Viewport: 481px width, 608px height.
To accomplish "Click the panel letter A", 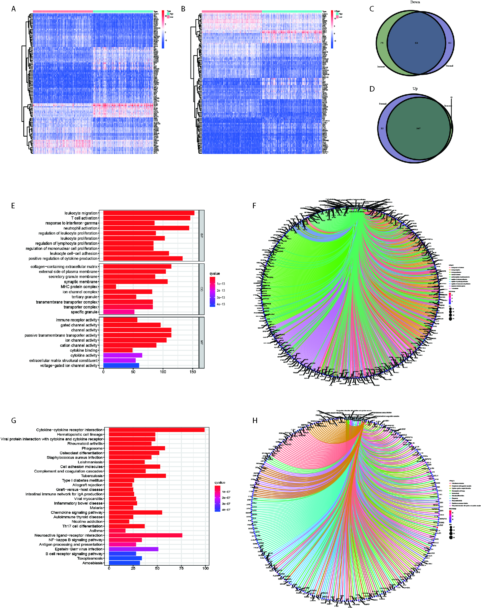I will tap(14, 9).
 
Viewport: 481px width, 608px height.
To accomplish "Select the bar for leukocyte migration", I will tap(149, 213).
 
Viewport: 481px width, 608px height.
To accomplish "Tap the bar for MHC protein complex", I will tap(110, 286).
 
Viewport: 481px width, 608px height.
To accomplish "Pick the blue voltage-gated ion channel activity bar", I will tap(121, 366).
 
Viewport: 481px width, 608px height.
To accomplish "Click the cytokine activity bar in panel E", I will tap(122, 355).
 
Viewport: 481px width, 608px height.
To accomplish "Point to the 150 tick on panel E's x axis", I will tap(193, 372).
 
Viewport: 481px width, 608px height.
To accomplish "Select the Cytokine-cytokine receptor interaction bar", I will tap(157, 430).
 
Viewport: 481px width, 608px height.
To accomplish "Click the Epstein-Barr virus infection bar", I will tap(134, 549).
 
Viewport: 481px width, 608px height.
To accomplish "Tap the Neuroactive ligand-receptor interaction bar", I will tap(145, 535).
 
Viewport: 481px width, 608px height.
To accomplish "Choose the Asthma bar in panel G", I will tap(117, 531).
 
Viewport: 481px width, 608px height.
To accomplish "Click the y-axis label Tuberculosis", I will tap(92, 475).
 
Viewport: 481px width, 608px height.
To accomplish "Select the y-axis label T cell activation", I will tap(84, 218).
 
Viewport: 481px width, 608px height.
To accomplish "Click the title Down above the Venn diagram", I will tap(415, 2).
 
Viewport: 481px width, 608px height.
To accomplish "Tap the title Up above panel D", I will tap(415, 89).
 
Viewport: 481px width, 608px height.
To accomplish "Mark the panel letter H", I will tap(255, 421).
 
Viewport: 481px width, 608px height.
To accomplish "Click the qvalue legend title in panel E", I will tap(215, 273).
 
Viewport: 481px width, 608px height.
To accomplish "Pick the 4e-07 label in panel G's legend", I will tap(226, 510).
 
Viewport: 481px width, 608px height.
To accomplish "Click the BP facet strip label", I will tap(201, 235).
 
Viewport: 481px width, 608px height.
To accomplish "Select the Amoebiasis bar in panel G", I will tap(124, 563).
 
